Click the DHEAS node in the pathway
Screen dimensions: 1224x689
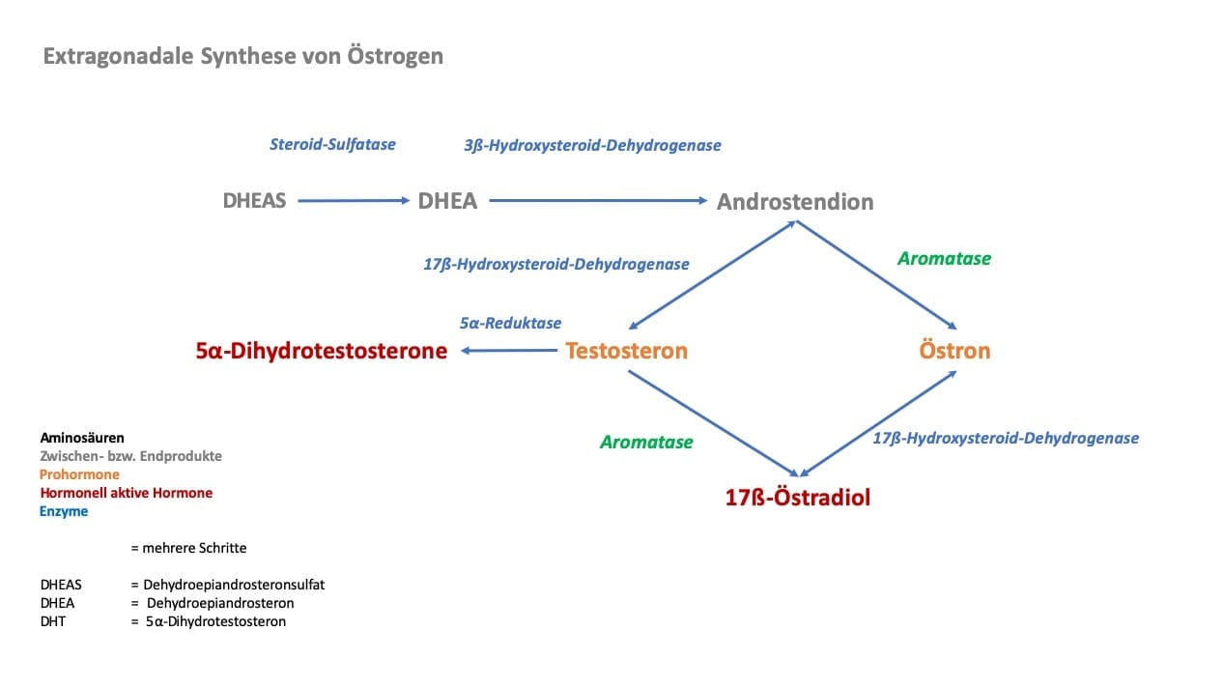tap(254, 201)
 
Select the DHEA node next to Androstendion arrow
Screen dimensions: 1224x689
tap(447, 201)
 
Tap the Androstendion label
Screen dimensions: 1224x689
tap(795, 202)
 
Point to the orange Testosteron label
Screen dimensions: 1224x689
tap(626, 351)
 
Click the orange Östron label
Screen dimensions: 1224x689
tap(954, 350)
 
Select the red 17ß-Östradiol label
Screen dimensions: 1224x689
tap(798, 497)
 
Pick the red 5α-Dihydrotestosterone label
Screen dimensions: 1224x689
tap(322, 351)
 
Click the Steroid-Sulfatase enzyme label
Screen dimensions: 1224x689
tap(332, 144)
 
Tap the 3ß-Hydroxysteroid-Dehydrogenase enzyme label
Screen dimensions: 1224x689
tap(592, 145)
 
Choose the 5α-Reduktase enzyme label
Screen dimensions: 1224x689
tap(510, 323)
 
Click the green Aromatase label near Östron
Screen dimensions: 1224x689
tap(944, 258)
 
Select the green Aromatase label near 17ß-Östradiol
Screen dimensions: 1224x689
tap(646, 442)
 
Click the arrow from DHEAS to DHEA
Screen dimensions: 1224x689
tap(354, 201)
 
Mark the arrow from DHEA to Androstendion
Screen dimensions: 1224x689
tap(598, 201)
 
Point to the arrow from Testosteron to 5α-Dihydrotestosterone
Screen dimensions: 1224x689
tap(509, 350)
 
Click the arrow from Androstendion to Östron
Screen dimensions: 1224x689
tap(876, 274)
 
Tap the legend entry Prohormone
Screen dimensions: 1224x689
tap(79, 474)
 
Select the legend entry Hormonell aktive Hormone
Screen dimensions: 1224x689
tap(127, 493)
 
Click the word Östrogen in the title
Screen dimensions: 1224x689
tap(395, 56)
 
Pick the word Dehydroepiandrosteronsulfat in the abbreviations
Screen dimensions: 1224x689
tap(234, 585)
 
